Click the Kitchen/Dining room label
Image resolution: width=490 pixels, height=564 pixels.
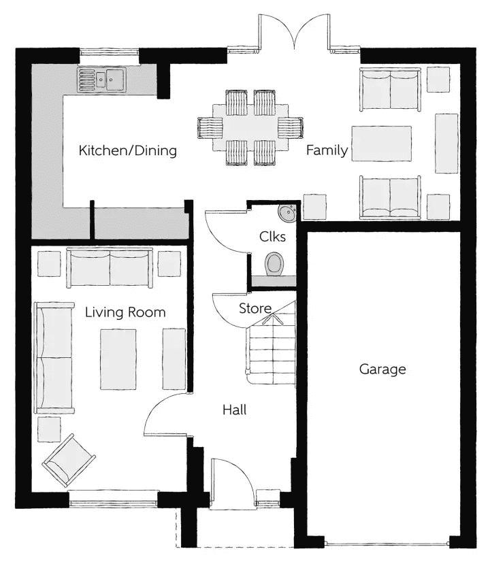[x=128, y=151]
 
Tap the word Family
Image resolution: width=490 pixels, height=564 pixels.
[x=327, y=150]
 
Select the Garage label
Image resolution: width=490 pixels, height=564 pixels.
[x=382, y=369]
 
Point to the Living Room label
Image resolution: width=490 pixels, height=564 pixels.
[x=125, y=312]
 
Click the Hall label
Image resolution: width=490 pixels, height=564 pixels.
[x=235, y=410]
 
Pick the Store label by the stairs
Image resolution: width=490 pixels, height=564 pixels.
[x=255, y=308]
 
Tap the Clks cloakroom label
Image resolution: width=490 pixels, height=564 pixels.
[x=272, y=237]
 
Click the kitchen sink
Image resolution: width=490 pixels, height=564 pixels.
[x=101, y=80]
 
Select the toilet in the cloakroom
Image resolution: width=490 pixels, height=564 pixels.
[x=274, y=264]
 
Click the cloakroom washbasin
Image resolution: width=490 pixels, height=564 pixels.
[x=287, y=214]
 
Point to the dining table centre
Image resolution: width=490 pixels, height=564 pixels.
[x=250, y=128]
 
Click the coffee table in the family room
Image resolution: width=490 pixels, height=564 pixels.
[x=382, y=144]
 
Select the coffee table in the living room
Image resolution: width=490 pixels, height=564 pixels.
[x=118, y=359]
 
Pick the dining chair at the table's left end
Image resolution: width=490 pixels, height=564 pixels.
[x=210, y=128]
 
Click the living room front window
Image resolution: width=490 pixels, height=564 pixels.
[x=114, y=499]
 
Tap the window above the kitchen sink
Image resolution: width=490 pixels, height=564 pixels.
[x=109, y=52]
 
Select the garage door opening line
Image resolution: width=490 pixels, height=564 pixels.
[x=387, y=544]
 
